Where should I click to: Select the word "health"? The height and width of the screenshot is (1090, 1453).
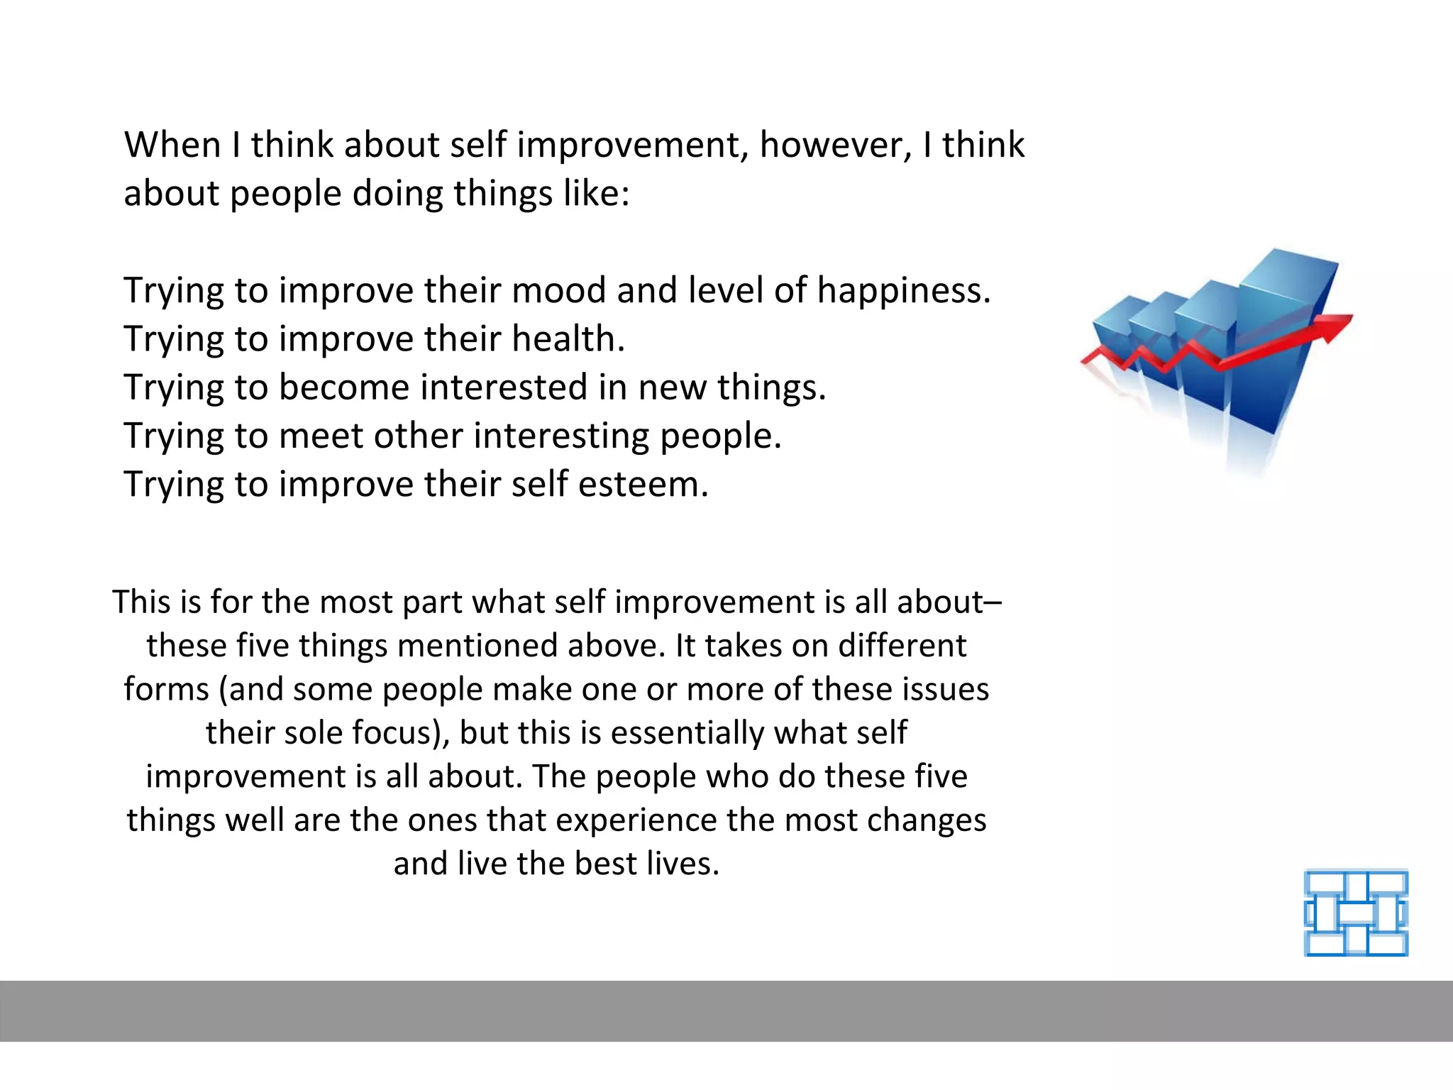(x=568, y=338)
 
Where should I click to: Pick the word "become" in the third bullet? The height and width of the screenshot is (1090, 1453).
(x=344, y=387)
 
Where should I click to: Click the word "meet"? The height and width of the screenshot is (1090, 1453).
(x=321, y=436)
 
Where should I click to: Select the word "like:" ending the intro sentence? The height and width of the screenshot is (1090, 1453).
(x=597, y=194)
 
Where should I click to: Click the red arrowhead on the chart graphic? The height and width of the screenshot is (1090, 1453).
(x=1334, y=326)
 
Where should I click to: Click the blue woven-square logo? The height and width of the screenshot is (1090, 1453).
(x=1356, y=913)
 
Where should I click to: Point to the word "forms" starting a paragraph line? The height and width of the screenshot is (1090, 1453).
(x=167, y=689)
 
